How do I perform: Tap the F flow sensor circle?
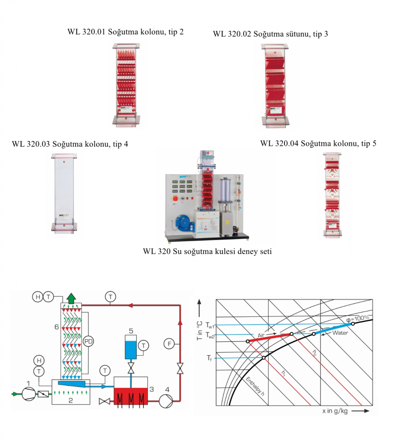tap(170, 343)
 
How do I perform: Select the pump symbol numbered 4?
tap(165, 400)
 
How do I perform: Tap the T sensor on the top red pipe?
tap(111, 296)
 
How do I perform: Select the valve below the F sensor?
tap(180, 367)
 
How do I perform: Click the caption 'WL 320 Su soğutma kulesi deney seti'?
tap(207, 252)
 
